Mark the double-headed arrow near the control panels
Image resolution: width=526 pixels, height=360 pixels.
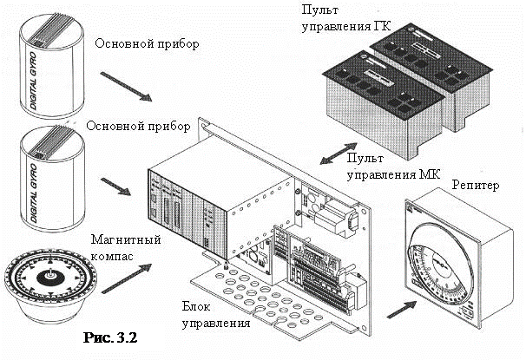(x=332, y=157)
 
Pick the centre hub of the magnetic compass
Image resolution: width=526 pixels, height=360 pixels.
(x=50, y=277)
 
